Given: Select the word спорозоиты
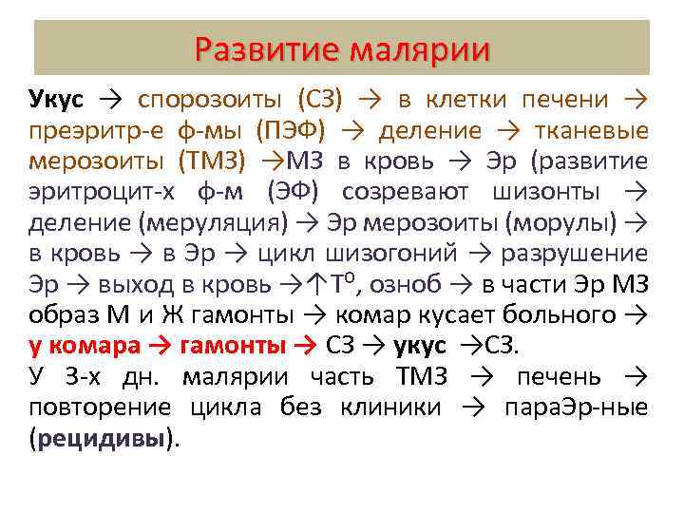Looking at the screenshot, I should tap(213, 99).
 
